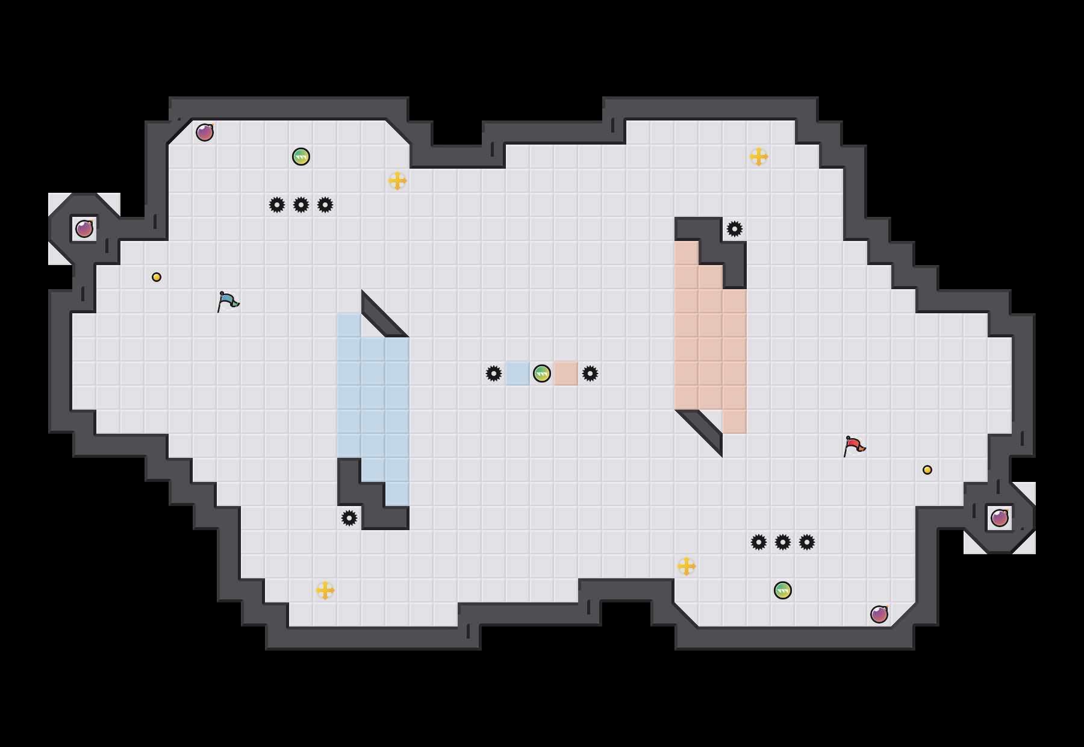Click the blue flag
pos(228,301)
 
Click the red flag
pos(854,446)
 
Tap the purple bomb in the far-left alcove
pos(84,229)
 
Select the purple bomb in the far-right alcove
pos(1000,518)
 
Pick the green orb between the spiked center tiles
pos(542,373)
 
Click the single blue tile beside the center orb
pos(518,373)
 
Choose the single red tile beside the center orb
pos(566,373)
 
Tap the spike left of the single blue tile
pos(494,373)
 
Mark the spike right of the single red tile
pos(590,373)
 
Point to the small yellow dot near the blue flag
pos(157,277)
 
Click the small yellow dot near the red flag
pos(927,470)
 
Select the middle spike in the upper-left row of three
pos(301,205)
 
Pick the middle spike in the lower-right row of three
pos(783,542)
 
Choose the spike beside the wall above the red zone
pos(735,229)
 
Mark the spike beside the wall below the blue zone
pos(349,518)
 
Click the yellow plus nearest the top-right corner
pos(759,157)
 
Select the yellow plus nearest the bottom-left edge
pos(325,590)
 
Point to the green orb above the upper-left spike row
pos(301,157)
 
